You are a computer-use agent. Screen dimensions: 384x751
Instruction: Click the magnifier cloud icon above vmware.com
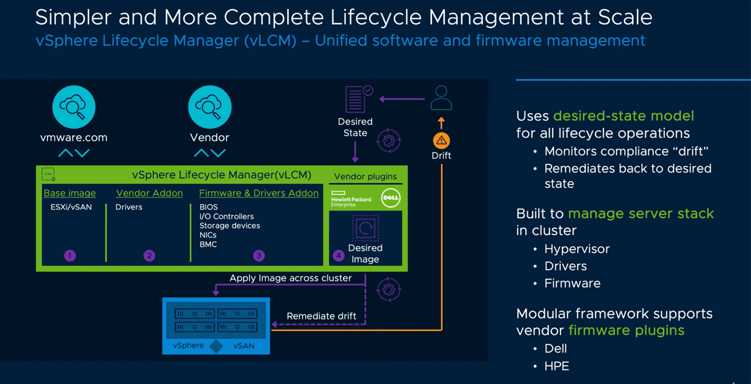[74, 107]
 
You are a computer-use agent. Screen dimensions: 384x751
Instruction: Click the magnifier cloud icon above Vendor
[209, 107]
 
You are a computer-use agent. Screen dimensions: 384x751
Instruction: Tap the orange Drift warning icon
[441, 140]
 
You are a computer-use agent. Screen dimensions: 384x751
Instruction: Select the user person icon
[440, 98]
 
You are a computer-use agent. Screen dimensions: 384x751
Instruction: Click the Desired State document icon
[357, 99]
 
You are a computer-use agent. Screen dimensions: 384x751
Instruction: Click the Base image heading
[70, 193]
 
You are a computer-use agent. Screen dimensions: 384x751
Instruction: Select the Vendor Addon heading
[149, 193]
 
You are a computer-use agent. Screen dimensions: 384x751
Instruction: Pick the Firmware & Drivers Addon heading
[259, 193]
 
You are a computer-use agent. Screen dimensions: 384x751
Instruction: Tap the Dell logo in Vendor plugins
[390, 198]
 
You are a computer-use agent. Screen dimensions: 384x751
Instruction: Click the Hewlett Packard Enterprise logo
[351, 199]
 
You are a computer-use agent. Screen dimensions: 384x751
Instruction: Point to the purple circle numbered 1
[70, 255]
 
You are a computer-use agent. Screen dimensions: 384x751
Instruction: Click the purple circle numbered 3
[259, 255]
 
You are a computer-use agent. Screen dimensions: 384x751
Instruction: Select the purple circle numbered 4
[338, 255]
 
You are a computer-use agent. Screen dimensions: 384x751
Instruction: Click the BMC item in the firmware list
[208, 244]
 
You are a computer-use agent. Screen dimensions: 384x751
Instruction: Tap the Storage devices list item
[229, 226]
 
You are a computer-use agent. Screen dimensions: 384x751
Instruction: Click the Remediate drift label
[322, 316]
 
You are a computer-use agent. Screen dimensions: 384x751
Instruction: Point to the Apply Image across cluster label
[290, 278]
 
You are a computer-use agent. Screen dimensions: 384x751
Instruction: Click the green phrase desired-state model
[623, 116]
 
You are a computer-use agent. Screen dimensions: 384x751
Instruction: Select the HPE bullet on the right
[556, 366]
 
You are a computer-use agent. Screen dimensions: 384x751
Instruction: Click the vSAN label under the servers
[244, 346]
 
